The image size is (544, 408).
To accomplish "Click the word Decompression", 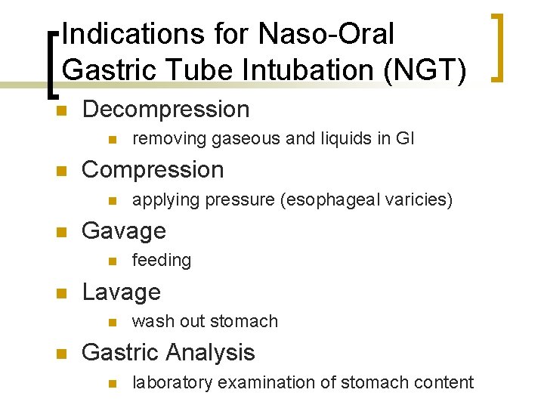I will [165, 110].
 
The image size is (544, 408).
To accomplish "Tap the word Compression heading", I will [153, 170].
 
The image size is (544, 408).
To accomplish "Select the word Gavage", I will [123, 230].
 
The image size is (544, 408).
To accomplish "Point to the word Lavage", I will [121, 292].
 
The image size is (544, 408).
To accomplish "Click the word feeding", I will [162, 261].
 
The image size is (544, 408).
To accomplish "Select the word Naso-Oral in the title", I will [326, 33].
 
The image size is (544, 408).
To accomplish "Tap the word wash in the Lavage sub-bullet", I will [149, 321].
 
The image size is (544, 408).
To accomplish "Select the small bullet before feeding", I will [112, 261].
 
